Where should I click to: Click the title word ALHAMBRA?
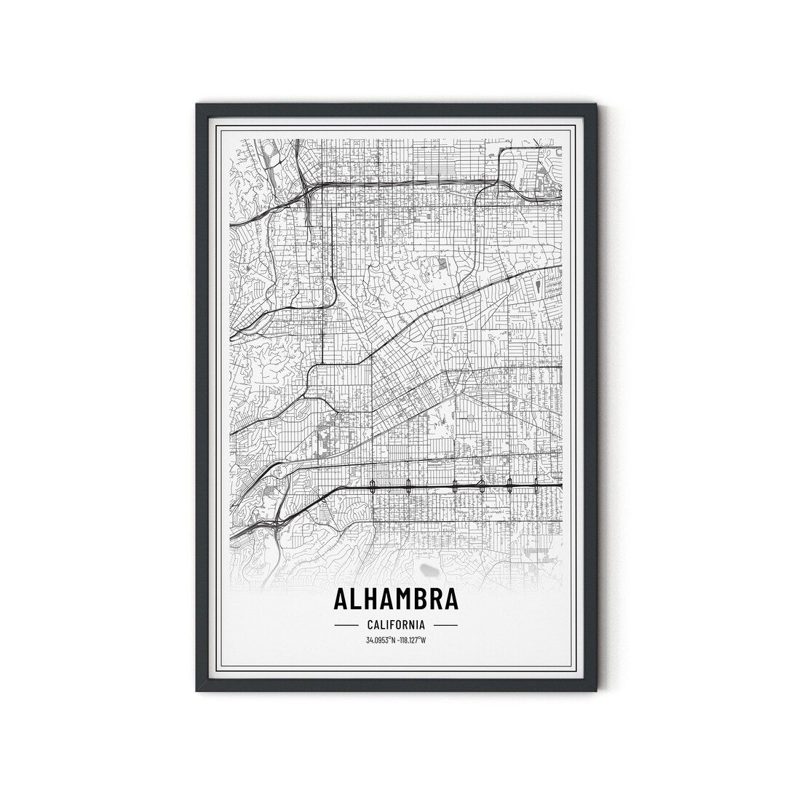click(x=396, y=598)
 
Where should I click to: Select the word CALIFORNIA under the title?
click(x=396, y=624)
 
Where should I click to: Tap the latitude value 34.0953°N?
click(x=381, y=640)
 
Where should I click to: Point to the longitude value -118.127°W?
click(x=411, y=640)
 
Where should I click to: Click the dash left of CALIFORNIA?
click(x=346, y=625)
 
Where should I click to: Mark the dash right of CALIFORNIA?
click(x=445, y=625)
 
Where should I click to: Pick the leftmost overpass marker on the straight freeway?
click(x=373, y=485)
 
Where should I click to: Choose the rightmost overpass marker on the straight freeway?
click(x=536, y=483)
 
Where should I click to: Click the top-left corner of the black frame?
click(x=197, y=105)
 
